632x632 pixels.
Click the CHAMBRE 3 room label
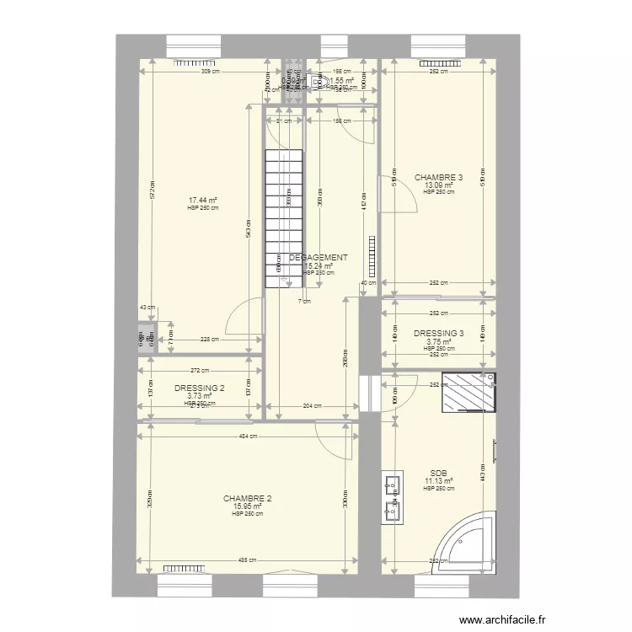[x=438, y=178]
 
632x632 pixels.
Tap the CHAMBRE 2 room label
[x=247, y=499]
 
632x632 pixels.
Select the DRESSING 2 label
[x=200, y=388]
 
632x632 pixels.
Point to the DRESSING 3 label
[x=438, y=334]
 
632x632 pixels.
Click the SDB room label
[x=438, y=474]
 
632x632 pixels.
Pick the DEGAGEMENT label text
[x=319, y=258]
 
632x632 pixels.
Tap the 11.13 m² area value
[x=438, y=481]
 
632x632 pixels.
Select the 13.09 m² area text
[x=438, y=185]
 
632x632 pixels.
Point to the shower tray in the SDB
[x=466, y=393]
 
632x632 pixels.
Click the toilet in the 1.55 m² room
[x=317, y=81]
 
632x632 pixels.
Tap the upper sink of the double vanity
[x=392, y=485]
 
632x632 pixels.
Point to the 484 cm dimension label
[x=248, y=436]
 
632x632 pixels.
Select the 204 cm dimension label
[x=313, y=406]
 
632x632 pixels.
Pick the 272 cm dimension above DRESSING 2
[x=199, y=371]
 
